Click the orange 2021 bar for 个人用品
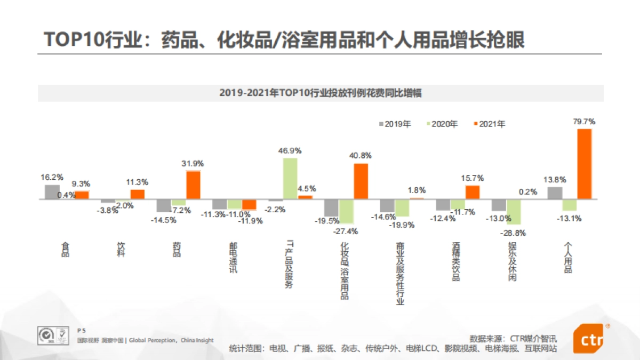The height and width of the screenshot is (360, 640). (x=585, y=164)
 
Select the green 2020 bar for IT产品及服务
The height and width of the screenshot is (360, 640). (x=290, y=179)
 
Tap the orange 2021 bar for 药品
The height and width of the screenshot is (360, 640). (x=193, y=185)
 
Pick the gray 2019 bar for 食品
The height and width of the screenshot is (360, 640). (x=52, y=192)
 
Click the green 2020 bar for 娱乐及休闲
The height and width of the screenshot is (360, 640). (x=514, y=212)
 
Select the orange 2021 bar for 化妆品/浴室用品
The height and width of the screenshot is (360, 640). (x=361, y=181)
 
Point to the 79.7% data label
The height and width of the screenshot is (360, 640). (x=584, y=122)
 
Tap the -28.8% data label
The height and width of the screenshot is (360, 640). (x=515, y=233)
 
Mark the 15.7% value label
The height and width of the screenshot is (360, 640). (x=473, y=178)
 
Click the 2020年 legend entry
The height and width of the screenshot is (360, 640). (x=442, y=124)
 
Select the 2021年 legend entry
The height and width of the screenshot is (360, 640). (x=489, y=124)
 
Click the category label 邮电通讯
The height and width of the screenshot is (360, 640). (x=233, y=258)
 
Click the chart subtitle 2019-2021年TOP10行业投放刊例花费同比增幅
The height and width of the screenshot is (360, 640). (x=321, y=93)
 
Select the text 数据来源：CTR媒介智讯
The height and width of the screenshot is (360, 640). (x=513, y=338)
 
